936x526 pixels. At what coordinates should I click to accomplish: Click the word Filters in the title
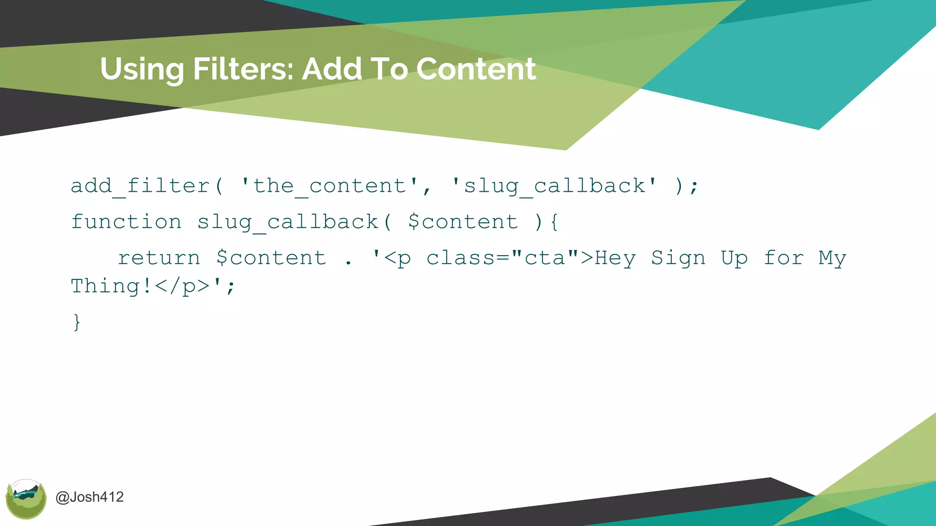[x=243, y=69]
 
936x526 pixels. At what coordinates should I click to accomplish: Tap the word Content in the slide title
[x=476, y=69]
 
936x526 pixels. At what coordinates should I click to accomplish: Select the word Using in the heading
[x=142, y=70]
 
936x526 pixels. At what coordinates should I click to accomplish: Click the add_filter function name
[x=140, y=186]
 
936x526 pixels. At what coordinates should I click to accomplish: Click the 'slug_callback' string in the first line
[x=554, y=186]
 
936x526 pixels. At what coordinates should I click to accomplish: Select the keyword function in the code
[x=127, y=222]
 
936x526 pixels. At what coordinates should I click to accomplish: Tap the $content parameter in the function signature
[x=463, y=222]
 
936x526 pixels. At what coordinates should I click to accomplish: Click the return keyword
[x=159, y=258]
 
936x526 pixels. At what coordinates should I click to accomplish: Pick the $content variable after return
[x=271, y=258]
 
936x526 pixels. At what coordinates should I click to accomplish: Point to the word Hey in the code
[x=615, y=258]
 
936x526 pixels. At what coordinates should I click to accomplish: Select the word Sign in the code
[x=678, y=258]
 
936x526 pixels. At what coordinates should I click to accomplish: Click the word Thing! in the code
[x=111, y=286]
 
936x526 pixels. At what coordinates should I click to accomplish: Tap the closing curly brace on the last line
[x=77, y=322]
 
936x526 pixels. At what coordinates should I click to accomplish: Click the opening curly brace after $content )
[x=554, y=222]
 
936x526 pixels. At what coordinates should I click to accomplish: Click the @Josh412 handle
[x=90, y=497]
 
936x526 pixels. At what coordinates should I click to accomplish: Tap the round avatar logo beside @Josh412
[x=26, y=499]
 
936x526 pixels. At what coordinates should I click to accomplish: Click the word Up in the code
[x=734, y=258]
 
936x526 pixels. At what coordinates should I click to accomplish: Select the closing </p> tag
[x=182, y=286]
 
